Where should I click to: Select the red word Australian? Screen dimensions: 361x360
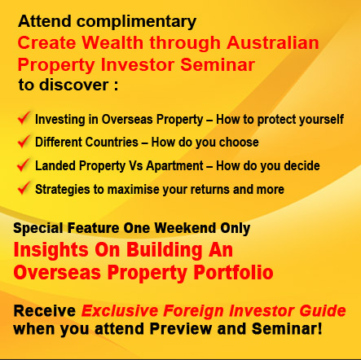pos(273,42)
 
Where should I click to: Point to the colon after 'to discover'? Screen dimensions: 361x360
pos(116,86)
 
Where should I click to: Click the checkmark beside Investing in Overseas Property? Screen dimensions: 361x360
pos(24,117)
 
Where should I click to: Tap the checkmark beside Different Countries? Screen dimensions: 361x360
pos(24,141)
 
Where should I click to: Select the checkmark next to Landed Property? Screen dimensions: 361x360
pos(24,165)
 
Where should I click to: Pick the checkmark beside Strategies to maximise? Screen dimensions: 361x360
pos(24,188)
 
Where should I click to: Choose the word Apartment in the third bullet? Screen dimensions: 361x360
pos(174,166)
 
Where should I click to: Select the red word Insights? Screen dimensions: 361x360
pos(51,251)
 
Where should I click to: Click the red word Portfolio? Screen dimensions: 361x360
pos(233,272)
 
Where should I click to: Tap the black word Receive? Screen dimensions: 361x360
pos(45,311)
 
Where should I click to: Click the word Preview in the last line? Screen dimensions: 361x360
pos(181,329)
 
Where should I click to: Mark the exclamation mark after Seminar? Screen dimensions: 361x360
pos(319,329)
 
